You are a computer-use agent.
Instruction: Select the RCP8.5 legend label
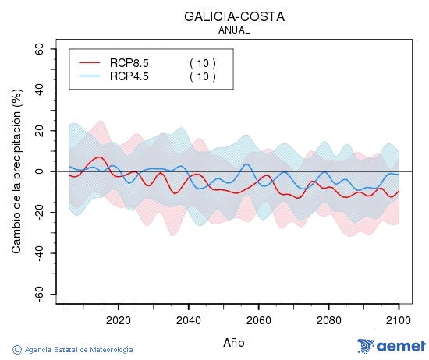point(129,63)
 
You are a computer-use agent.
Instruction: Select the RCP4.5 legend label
point(129,76)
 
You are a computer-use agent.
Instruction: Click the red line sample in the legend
point(90,63)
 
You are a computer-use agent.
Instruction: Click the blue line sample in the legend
point(90,76)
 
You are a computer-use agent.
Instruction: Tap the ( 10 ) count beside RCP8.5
point(202,63)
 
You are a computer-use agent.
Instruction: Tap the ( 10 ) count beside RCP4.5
point(202,76)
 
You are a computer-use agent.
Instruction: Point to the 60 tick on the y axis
point(38,48)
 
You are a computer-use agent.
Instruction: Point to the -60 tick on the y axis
point(37,294)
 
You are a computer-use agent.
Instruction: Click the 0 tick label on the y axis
point(41,171)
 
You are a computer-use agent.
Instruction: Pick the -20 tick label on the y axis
point(37,212)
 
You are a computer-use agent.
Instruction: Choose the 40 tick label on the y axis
point(38,90)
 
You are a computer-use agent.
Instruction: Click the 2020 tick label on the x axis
point(118,319)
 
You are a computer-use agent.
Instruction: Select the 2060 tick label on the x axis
point(258,319)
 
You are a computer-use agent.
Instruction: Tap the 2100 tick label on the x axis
point(399,319)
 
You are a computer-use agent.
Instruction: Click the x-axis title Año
point(234,342)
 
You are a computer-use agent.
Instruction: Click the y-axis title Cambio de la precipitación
point(16,171)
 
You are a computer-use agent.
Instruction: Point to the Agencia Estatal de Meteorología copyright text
point(73,350)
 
